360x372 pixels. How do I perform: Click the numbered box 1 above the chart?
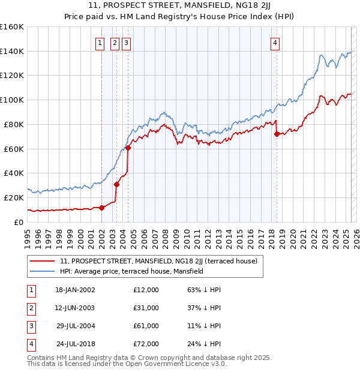101,43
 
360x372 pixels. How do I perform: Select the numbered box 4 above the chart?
275,43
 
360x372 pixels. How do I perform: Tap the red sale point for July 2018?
277,134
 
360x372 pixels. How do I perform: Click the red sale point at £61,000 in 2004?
128,148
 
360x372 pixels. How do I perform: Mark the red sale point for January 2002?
101,208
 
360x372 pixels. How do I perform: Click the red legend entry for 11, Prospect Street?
158,261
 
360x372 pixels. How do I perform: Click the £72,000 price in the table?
146,344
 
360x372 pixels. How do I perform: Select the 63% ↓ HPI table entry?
205,290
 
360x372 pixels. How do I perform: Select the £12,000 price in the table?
146,290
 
